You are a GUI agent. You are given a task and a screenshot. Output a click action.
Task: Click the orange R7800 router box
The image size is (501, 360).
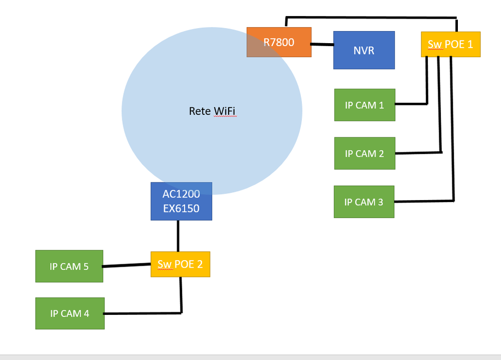(x=279, y=42)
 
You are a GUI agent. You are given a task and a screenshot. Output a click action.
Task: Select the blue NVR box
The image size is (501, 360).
(x=364, y=50)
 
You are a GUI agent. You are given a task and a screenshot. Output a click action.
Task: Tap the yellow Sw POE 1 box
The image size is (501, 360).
(x=450, y=44)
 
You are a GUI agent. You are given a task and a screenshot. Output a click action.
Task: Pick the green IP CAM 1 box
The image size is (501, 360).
(x=365, y=105)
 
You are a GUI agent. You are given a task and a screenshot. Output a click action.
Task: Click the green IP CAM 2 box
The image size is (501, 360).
(x=365, y=153)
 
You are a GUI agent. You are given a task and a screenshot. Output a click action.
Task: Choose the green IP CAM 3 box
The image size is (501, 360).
(x=364, y=202)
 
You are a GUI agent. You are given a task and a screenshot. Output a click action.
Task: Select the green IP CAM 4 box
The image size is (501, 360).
(x=70, y=313)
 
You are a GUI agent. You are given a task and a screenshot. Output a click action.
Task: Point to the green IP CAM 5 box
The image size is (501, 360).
(x=69, y=266)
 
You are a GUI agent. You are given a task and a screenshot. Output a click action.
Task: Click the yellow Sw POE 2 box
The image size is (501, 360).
(x=180, y=264)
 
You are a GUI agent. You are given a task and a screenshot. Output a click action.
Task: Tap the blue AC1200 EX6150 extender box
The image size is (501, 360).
(x=181, y=201)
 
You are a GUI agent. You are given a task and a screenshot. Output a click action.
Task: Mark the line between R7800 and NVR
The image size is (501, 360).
(x=322, y=44)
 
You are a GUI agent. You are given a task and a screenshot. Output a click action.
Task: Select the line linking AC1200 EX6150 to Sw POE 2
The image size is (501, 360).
(x=178, y=236)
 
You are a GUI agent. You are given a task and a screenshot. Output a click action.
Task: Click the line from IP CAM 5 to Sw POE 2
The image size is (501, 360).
(x=127, y=265)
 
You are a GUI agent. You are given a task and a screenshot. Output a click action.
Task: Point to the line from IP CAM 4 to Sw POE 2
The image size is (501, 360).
(x=143, y=313)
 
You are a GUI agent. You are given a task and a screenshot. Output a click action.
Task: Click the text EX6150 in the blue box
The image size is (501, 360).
(x=181, y=208)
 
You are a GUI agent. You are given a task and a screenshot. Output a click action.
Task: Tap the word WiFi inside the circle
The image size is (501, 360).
(x=224, y=111)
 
